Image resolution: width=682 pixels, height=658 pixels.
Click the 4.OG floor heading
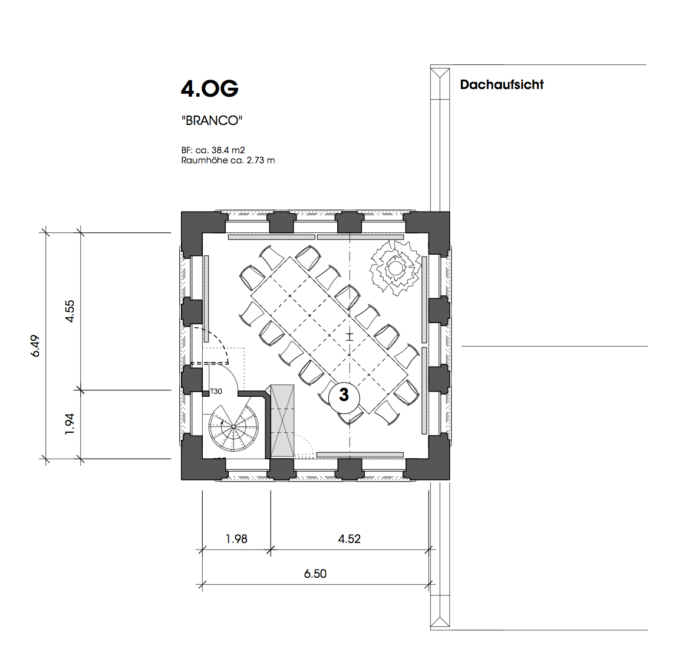pyautogui.click(x=210, y=89)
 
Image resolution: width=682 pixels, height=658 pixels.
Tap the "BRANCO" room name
pyautogui.click(x=212, y=120)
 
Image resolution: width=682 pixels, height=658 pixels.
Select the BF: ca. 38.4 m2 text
pyautogui.click(x=213, y=150)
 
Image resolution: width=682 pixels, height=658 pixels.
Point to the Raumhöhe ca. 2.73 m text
pyautogui.click(x=228, y=160)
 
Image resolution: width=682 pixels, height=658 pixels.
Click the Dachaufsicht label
pyautogui.click(x=502, y=85)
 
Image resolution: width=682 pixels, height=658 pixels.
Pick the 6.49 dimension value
pyautogui.click(x=35, y=346)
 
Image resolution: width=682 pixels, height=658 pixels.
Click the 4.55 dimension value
pyautogui.click(x=70, y=311)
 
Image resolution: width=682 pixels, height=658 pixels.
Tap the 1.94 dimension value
pyautogui.click(x=70, y=424)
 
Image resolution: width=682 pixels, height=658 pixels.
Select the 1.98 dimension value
pyautogui.click(x=236, y=539)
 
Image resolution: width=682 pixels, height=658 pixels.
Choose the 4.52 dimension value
pyautogui.click(x=350, y=539)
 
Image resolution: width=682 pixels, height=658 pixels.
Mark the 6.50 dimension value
pyautogui.click(x=315, y=574)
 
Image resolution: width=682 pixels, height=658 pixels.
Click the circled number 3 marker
pyautogui.click(x=344, y=395)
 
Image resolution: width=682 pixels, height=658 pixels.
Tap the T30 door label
pyautogui.click(x=216, y=391)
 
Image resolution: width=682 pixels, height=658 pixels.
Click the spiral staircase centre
pyautogui.click(x=233, y=427)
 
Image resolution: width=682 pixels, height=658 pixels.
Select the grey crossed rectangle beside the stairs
pyautogui.click(x=282, y=421)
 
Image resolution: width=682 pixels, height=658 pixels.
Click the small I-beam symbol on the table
pyautogui.click(x=350, y=337)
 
